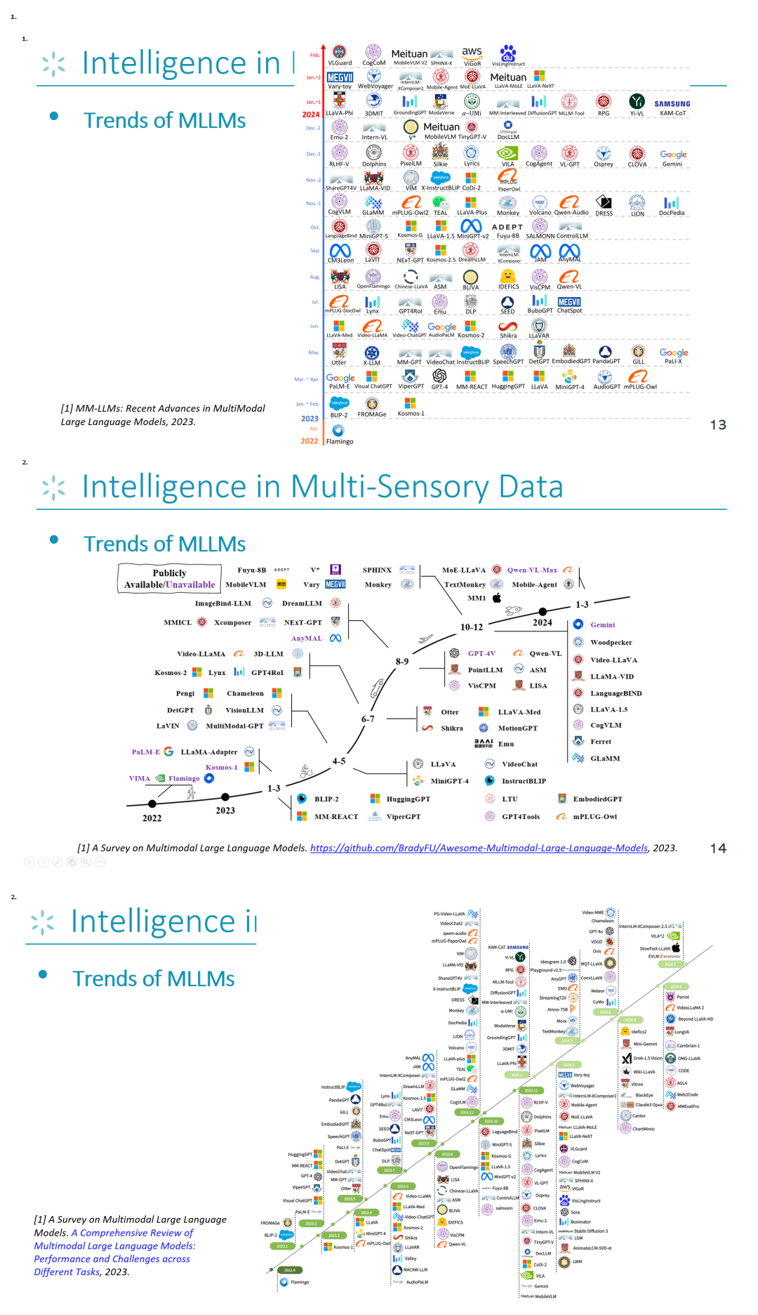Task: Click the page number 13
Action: click(x=718, y=425)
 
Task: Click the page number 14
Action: click(x=718, y=849)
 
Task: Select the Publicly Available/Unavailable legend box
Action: click(x=169, y=579)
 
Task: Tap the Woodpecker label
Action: click(x=611, y=642)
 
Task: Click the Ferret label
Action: click(x=600, y=742)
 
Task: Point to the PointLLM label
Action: click(x=485, y=670)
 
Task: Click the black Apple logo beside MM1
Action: click(x=497, y=598)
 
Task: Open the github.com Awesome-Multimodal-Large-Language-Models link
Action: click(x=479, y=848)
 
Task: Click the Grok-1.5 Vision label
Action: click(x=648, y=1058)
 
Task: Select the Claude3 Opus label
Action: click(x=649, y=1104)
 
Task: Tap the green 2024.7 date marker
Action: click(x=670, y=964)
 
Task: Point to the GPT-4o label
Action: click(x=595, y=931)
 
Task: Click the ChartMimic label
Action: click(x=643, y=1129)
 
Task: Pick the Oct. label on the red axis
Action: click(x=315, y=228)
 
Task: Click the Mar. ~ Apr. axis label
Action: click(x=307, y=379)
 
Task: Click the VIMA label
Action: click(x=140, y=778)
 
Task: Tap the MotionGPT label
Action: click(x=517, y=728)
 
